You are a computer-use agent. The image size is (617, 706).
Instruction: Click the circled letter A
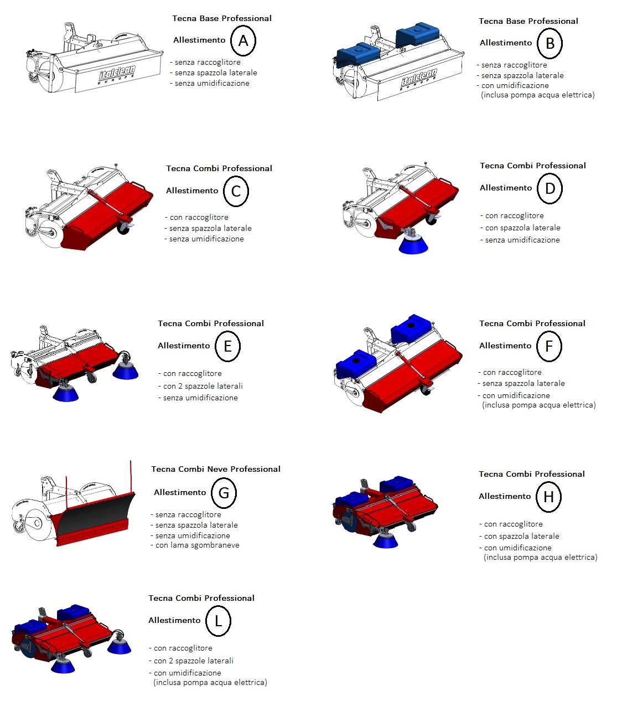point(243,41)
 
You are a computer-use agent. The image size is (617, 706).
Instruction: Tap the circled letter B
point(549,44)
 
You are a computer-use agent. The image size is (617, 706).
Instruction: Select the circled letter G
point(224,493)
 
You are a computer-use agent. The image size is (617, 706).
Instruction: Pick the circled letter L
point(218,621)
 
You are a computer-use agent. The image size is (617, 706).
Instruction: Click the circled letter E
point(227,346)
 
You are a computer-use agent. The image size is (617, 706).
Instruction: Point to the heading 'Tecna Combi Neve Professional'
point(216,469)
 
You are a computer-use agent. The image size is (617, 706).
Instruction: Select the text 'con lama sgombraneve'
point(197,545)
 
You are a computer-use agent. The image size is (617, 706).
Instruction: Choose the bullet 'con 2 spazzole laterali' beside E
point(203,386)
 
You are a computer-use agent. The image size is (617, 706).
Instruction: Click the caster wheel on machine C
point(123,227)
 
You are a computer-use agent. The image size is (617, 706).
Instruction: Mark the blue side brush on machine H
point(385,541)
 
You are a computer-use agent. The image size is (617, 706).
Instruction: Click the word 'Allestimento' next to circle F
point(505,346)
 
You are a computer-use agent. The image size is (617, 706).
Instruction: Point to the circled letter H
point(548,497)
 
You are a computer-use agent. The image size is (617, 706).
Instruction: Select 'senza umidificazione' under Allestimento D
point(522,240)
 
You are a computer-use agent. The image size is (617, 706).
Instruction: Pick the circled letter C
point(236,192)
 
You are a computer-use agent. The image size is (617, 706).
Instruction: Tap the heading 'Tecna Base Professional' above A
point(222,18)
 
